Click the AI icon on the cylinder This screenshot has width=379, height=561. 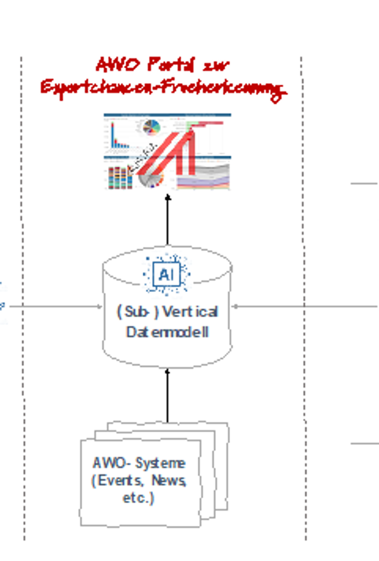point(166,273)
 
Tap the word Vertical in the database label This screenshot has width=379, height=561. point(191,312)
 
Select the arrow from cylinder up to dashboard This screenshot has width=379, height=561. point(168,220)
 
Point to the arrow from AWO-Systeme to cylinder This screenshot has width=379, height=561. point(168,396)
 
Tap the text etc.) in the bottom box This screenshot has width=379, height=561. point(138,498)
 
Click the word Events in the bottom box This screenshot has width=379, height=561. point(119,481)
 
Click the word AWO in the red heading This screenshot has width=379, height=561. point(118,65)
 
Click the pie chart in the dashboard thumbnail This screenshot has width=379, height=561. point(151,128)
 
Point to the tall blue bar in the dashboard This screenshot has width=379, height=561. point(112,134)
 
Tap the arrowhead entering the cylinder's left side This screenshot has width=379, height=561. point(100,306)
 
